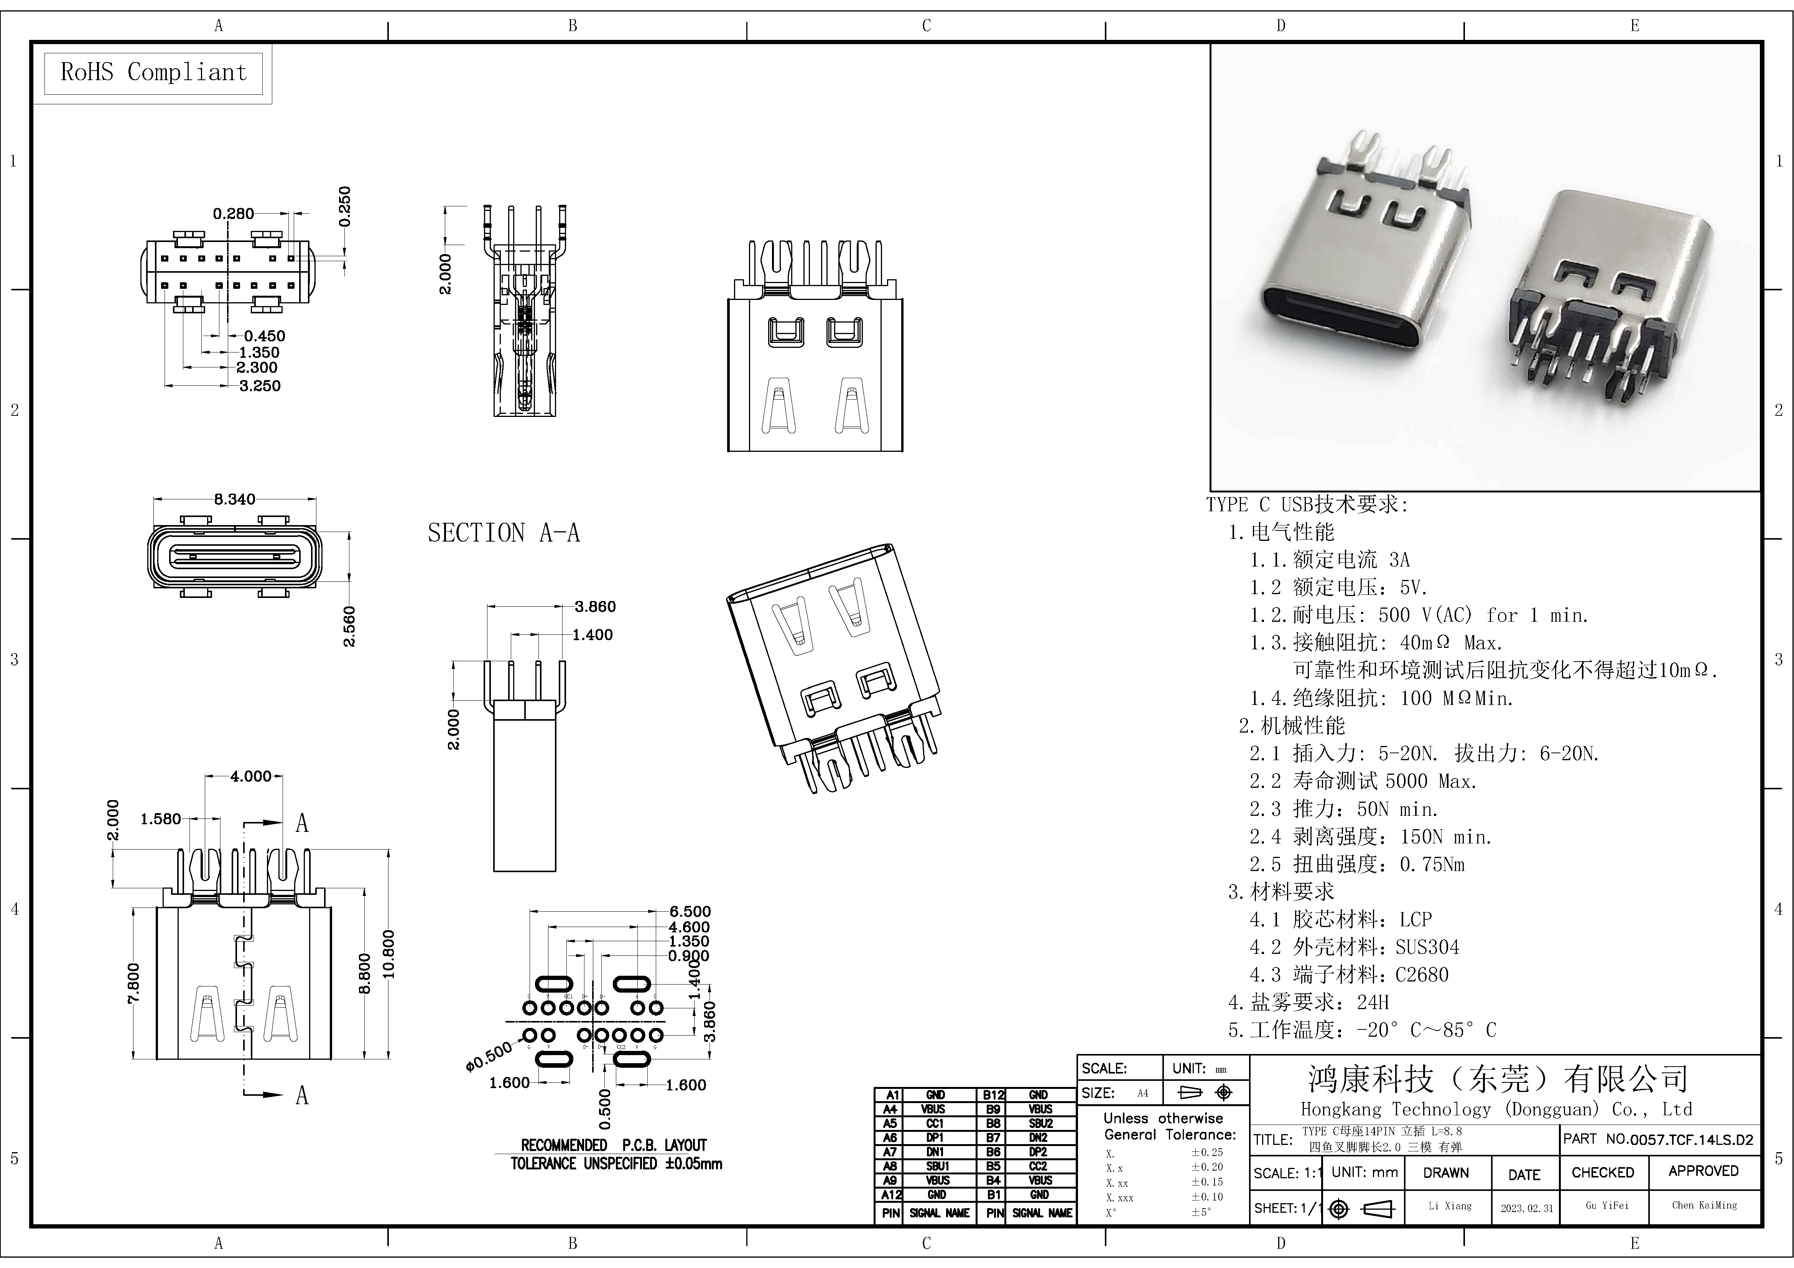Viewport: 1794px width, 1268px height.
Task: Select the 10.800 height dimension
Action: click(388, 954)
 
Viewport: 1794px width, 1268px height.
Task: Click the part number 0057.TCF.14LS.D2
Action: click(1692, 1140)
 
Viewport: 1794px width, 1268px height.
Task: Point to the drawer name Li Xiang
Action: click(1449, 1205)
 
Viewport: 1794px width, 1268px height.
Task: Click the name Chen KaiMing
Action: click(1704, 1205)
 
